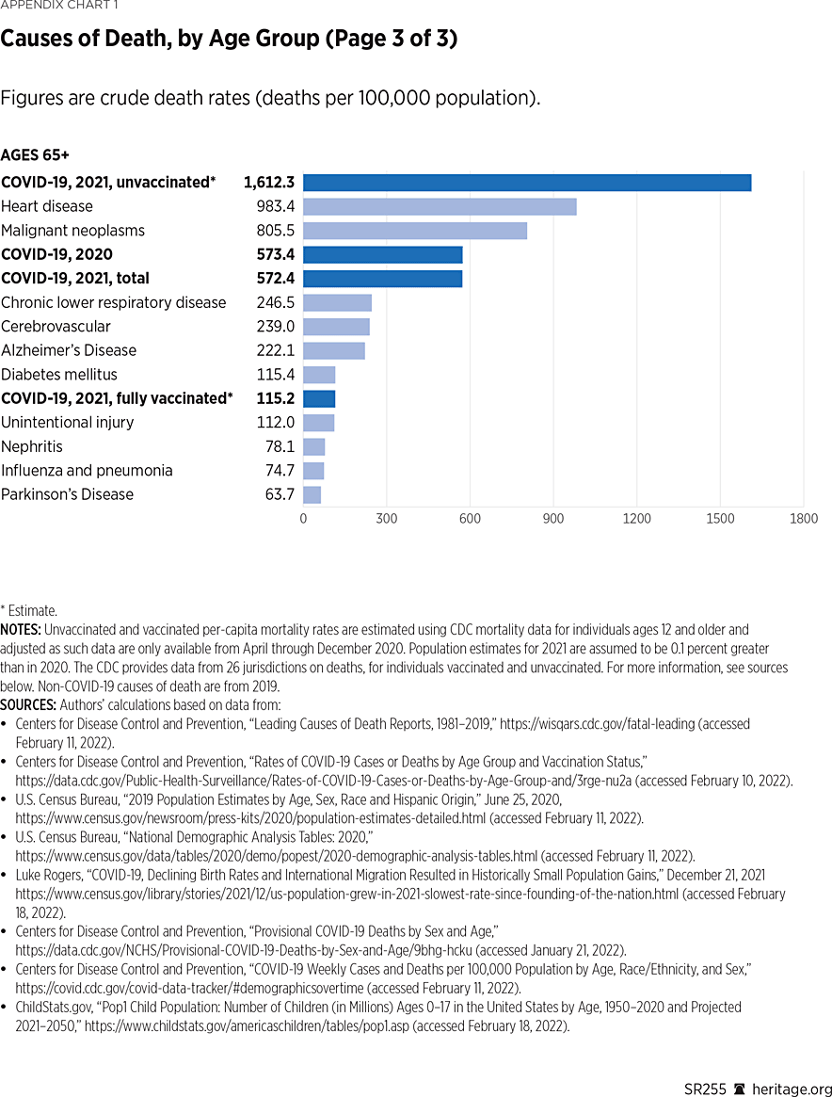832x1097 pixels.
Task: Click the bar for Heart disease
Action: (440, 206)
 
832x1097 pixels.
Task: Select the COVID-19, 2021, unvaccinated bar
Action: (527, 183)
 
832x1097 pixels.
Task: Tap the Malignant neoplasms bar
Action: (415, 231)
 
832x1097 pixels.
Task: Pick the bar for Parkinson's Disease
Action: (312, 495)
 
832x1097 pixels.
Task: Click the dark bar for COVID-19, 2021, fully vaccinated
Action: (319, 398)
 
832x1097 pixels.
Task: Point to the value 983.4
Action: (275, 206)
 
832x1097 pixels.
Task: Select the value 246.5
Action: (275, 303)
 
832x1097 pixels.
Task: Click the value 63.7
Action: (280, 495)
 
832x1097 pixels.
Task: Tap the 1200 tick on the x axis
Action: (636, 519)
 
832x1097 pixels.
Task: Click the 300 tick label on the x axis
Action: (386, 519)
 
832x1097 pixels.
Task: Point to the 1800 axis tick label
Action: (804, 519)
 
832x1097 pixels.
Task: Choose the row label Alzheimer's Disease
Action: (69, 350)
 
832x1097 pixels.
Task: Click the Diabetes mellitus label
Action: (58, 375)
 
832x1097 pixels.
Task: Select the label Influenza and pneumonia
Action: (87, 471)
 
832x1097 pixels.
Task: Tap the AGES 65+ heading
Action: (35, 154)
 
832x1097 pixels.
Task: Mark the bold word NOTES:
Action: (21, 629)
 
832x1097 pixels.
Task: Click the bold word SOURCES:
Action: (27, 705)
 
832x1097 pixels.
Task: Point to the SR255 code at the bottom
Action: (706, 1089)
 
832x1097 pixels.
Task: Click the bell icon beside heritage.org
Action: (741, 1089)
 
